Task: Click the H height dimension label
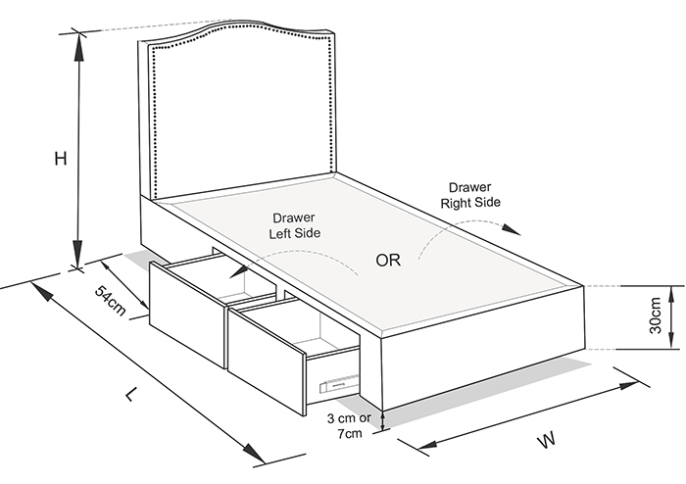61,159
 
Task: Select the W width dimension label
546,440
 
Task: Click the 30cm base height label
655,315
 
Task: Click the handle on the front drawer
335,384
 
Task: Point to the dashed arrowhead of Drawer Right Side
514,231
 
